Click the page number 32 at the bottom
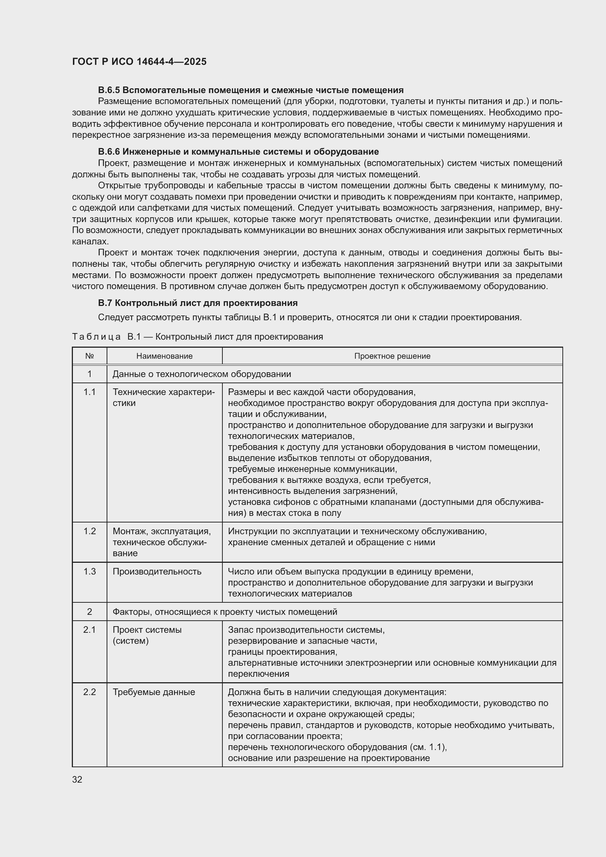point(77,779)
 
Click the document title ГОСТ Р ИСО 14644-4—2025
point(139,62)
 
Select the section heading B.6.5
point(250,90)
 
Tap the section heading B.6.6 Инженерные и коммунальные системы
point(238,152)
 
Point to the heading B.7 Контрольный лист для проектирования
point(197,303)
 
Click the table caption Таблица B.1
point(197,337)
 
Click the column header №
point(89,356)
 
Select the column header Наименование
point(164,356)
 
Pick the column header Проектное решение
point(392,356)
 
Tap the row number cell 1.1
point(89,392)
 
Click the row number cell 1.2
point(89,531)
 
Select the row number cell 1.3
point(89,572)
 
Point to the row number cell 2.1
point(89,630)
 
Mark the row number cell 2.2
point(89,692)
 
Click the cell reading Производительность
point(157,572)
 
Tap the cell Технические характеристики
point(163,397)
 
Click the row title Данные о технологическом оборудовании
point(202,374)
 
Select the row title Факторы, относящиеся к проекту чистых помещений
point(225,612)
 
